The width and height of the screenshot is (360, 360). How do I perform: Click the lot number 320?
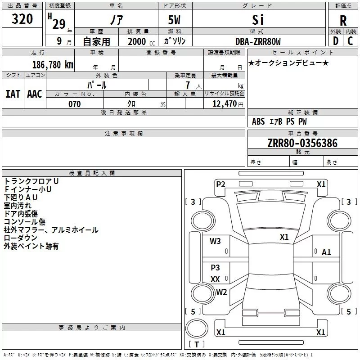[x=22, y=19]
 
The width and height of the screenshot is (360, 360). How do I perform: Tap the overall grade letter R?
[x=343, y=21]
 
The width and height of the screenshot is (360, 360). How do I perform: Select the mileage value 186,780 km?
[x=53, y=65]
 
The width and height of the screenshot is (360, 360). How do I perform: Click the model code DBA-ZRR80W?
[x=258, y=41]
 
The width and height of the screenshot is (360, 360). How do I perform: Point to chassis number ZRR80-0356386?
[x=302, y=143]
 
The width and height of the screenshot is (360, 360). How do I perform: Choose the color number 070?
[x=75, y=104]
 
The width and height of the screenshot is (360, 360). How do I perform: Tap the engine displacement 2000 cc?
[x=141, y=41]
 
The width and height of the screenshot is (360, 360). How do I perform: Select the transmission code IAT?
[x=13, y=94]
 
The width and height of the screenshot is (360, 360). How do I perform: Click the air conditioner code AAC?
[x=35, y=94]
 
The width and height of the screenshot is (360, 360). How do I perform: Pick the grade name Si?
[x=258, y=20]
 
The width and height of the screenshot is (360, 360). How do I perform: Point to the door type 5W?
[x=174, y=20]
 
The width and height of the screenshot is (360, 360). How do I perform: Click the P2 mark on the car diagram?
[x=220, y=184]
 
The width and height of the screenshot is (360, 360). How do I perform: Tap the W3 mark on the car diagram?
[x=215, y=241]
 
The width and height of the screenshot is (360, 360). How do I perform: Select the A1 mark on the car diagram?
[x=326, y=252]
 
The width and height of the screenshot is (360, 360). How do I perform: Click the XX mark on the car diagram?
[x=215, y=279]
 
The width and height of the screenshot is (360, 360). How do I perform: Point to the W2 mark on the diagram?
[x=221, y=292]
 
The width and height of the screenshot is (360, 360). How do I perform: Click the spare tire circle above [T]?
[x=197, y=328]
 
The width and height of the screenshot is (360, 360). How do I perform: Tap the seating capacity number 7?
[x=188, y=85]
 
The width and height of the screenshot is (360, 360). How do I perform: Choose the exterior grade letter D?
[x=336, y=41]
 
